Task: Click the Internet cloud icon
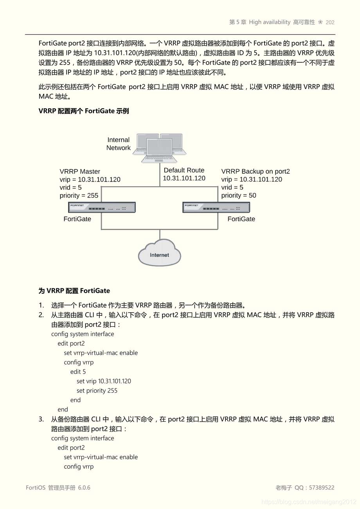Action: point(159,254)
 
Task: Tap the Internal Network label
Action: point(119,144)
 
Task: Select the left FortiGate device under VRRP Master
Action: point(102,207)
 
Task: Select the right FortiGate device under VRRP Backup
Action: point(216,207)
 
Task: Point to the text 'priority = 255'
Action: point(79,196)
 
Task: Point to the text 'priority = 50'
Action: point(239,196)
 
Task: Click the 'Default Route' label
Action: point(184,170)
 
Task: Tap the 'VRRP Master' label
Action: point(80,171)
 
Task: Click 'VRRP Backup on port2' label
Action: point(256,171)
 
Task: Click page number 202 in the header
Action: point(330,22)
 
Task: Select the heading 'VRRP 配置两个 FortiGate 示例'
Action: point(84,111)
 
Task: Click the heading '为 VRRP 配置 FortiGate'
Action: point(74,291)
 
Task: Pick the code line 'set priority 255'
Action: point(97,390)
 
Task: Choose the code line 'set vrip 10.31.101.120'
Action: point(104,381)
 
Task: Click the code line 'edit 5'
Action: point(78,372)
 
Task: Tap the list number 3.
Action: point(41,419)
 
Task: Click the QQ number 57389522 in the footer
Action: point(322,487)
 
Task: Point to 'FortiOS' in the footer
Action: point(36,487)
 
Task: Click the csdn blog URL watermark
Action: point(309,502)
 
